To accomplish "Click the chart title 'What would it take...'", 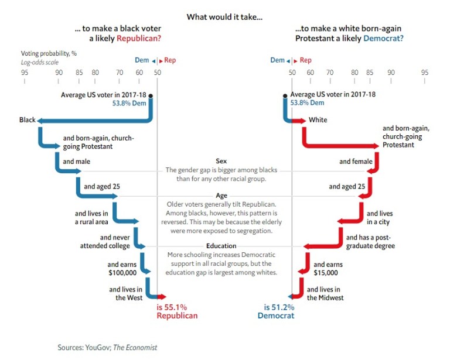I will (x=224, y=17).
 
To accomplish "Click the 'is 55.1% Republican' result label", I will (x=177, y=311).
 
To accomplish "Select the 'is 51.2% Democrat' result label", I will (x=276, y=311).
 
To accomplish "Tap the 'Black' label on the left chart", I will (x=27, y=120).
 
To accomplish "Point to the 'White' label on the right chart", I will (x=318, y=120).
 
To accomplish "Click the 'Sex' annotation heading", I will (x=221, y=161).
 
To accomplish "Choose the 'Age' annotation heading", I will (x=221, y=196).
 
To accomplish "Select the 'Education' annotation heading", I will (x=221, y=246).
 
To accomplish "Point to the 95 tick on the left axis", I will (x=24, y=73).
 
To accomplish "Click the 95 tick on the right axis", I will (x=425, y=73).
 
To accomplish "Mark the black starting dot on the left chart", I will (x=151, y=95).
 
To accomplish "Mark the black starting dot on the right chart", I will (x=285, y=95).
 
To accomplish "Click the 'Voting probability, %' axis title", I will (x=50, y=53).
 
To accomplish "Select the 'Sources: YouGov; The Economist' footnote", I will (x=107, y=347).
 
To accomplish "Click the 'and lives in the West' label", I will (x=125, y=293).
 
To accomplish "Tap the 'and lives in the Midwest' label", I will (x=325, y=293).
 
